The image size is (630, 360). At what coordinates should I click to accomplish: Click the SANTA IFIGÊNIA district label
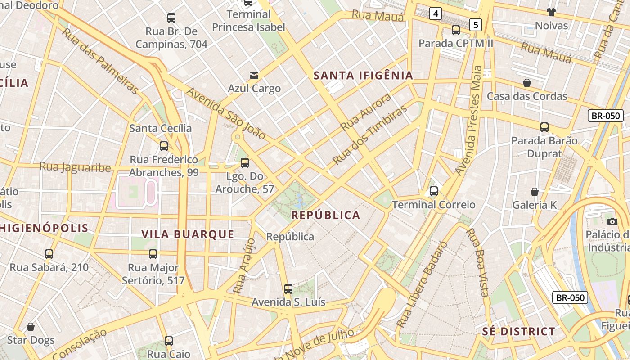tap(363, 75)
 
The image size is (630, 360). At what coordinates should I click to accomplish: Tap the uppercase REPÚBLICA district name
tap(326, 215)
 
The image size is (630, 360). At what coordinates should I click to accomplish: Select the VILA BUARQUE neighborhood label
tap(188, 234)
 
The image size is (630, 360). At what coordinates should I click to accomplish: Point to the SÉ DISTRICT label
tap(519, 332)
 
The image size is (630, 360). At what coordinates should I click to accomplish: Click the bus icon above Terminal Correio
tap(434, 191)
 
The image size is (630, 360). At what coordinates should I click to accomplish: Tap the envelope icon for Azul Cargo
tap(255, 75)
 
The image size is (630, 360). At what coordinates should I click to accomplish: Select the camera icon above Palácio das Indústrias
tap(612, 221)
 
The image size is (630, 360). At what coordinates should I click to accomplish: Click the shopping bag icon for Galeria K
tap(535, 192)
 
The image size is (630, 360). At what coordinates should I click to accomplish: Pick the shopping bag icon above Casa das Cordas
tap(527, 83)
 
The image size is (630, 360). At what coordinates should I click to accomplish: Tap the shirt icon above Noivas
tap(551, 12)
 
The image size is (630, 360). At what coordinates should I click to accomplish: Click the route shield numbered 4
tap(435, 14)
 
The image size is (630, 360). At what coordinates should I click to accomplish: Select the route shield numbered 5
tap(476, 24)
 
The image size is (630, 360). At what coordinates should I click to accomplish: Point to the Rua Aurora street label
tap(366, 113)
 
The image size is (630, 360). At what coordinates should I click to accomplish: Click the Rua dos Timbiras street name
tap(370, 135)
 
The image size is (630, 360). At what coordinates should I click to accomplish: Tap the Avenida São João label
tap(226, 113)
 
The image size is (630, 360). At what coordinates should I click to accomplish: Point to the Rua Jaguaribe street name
tap(75, 167)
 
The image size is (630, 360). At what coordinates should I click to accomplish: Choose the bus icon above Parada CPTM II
tap(456, 30)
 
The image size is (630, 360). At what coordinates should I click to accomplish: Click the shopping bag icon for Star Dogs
tap(31, 327)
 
